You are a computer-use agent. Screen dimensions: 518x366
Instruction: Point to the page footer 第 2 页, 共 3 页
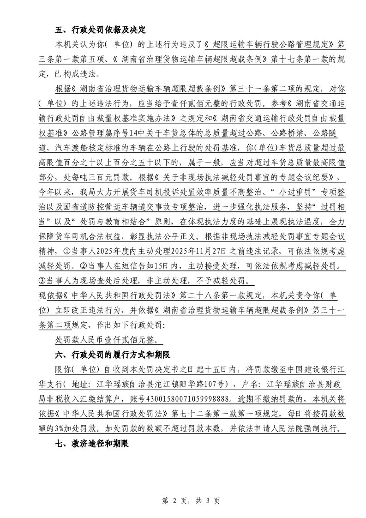pyautogui.click(x=183, y=500)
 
